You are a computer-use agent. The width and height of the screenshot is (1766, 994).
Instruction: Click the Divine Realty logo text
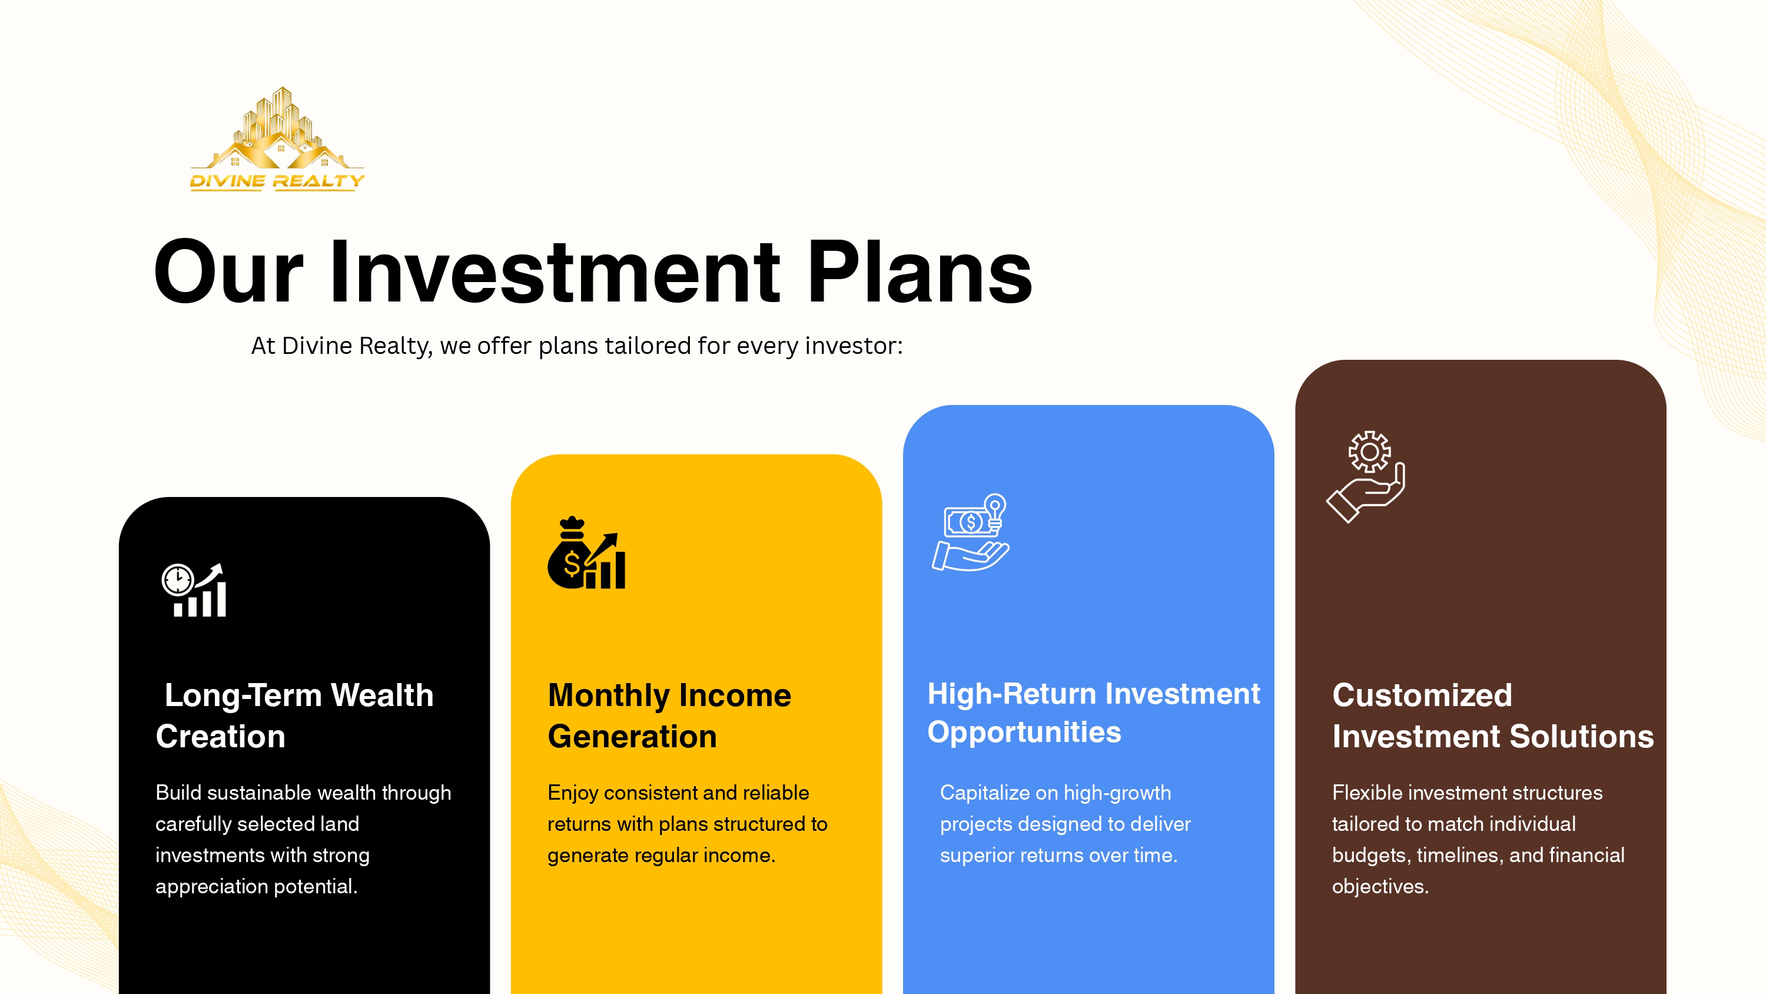pyautogui.click(x=277, y=181)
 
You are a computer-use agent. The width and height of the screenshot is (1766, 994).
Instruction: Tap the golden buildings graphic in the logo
pyautogui.click(x=277, y=130)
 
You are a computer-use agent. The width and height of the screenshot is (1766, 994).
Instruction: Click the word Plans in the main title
pyautogui.click(x=919, y=272)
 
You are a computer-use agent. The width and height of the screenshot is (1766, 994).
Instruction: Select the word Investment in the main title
pyautogui.click(x=554, y=272)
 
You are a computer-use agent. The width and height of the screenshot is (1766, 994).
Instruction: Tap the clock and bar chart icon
pyautogui.click(x=195, y=590)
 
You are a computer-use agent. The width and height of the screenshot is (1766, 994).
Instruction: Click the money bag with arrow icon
pyautogui.click(x=586, y=554)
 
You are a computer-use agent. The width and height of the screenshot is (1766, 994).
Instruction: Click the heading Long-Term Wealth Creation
pyautogui.click(x=295, y=715)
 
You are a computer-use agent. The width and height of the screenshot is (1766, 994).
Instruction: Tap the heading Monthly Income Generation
pyautogui.click(x=669, y=715)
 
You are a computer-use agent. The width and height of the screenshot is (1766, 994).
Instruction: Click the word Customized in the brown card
pyautogui.click(x=1422, y=695)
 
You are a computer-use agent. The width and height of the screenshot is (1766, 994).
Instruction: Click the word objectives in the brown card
pyautogui.click(x=1379, y=887)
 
